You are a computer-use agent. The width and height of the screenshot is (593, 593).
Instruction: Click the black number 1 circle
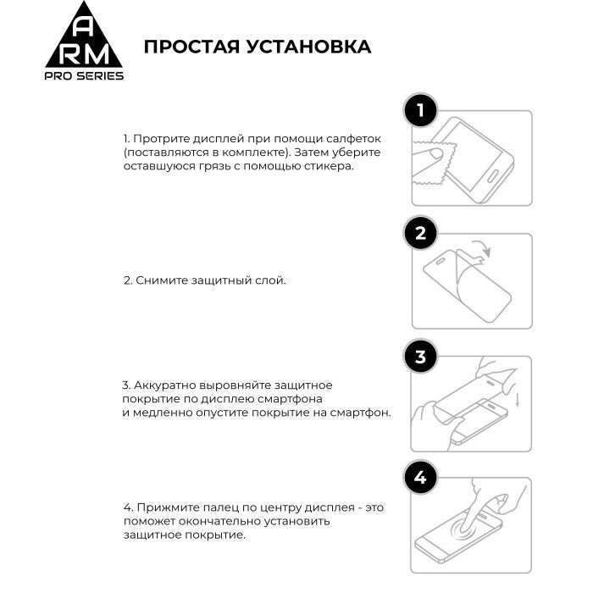point(421,111)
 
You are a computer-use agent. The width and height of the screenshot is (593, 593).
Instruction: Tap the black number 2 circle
point(421,234)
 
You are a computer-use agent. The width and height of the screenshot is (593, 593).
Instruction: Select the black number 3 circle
point(421,357)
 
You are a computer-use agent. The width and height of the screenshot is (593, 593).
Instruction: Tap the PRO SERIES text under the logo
point(83,76)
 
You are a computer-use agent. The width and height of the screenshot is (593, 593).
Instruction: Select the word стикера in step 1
point(330,166)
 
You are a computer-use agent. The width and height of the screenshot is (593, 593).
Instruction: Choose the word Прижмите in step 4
point(160,507)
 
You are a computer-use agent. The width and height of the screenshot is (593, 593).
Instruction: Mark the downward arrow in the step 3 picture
point(517,398)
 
